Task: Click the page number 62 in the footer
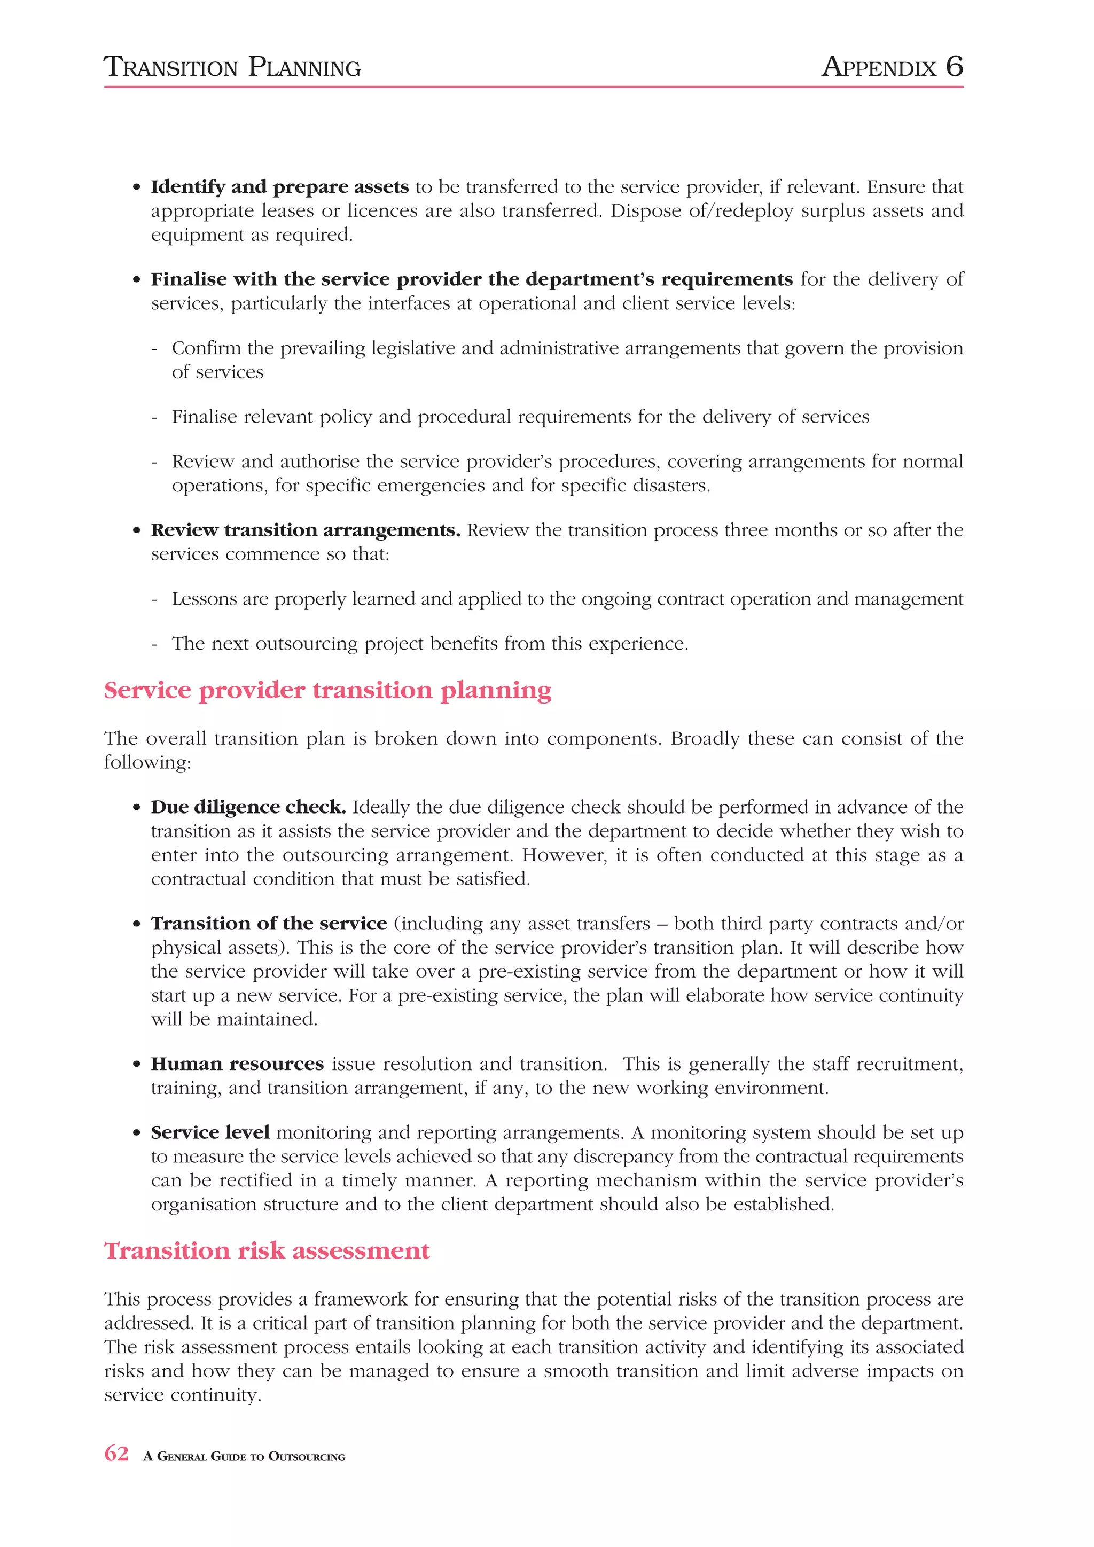click(116, 1454)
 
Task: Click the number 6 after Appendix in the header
click(954, 67)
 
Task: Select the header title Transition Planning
click(232, 67)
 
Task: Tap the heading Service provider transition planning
click(327, 690)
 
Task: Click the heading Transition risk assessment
click(267, 1251)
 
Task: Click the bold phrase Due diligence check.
click(248, 807)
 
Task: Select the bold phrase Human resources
click(237, 1064)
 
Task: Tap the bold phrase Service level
click(210, 1132)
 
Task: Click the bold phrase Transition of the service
click(269, 923)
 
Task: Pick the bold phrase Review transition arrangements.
click(305, 530)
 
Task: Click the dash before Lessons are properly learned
click(155, 600)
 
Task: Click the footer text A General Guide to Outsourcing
click(244, 1457)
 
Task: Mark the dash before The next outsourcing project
click(155, 644)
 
